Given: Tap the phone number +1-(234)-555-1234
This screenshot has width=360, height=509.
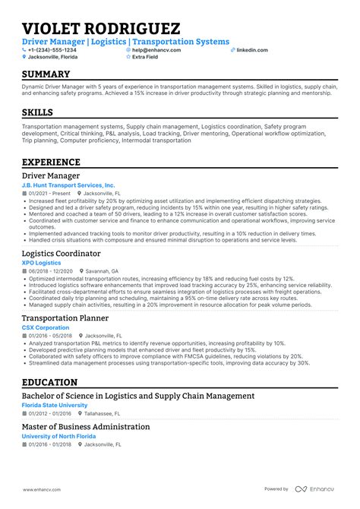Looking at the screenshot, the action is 49,49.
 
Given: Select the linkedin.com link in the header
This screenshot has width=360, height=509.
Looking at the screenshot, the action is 251,49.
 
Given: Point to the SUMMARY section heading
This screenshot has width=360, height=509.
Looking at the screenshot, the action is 46,74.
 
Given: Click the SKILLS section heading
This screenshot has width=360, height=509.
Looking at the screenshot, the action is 38,112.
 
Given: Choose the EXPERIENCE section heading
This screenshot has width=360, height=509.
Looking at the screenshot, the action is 51,162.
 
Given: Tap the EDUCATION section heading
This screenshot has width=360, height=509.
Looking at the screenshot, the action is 49,382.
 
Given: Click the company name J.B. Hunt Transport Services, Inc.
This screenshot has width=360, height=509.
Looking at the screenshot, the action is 68,185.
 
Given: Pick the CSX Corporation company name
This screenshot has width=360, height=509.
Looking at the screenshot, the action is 49,327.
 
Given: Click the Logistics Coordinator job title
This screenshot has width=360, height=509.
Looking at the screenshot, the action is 71,253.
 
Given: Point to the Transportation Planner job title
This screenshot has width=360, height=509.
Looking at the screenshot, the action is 75,318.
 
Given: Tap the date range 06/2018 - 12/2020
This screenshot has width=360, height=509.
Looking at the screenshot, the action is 51,270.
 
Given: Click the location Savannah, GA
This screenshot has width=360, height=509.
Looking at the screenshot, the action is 104,270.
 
